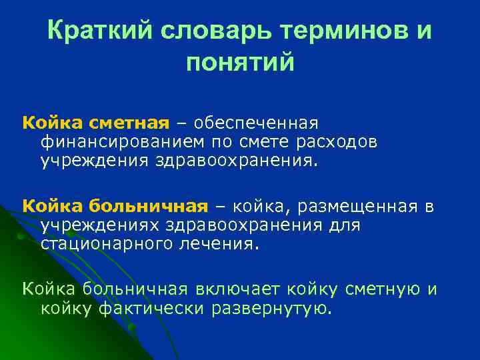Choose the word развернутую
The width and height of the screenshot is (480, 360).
tap(271, 307)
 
